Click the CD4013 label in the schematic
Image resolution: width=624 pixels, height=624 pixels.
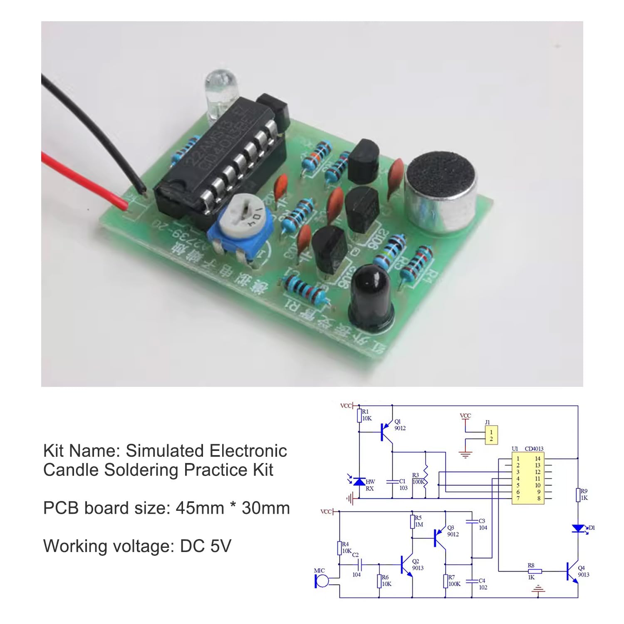tap(534, 449)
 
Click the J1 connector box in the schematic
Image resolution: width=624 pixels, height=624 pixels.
tap(491, 436)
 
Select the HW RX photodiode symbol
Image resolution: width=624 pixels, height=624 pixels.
tap(359, 482)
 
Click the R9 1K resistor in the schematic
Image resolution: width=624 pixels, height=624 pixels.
tap(578, 495)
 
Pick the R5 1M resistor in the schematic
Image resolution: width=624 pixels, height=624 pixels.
tap(412, 522)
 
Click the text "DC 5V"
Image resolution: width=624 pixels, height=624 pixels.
tap(206, 546)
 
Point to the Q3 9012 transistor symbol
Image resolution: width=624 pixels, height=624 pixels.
tap(439, 537)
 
